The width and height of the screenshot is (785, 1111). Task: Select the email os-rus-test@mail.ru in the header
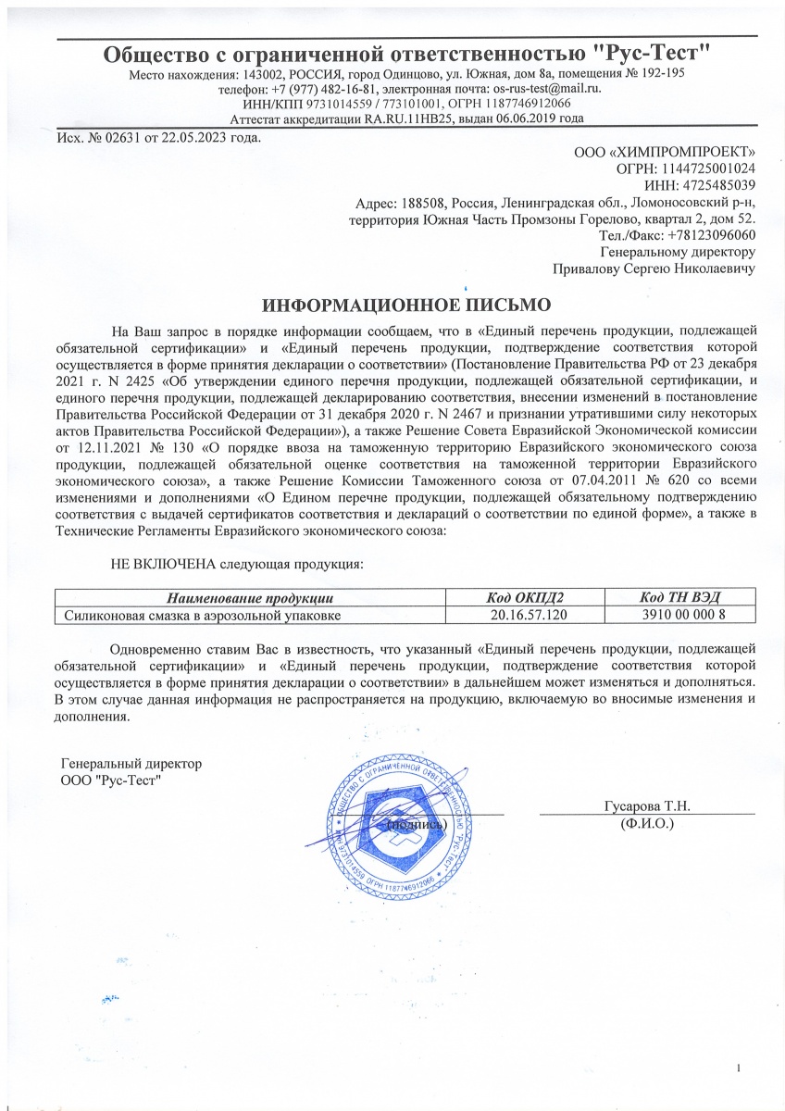click(547, 88)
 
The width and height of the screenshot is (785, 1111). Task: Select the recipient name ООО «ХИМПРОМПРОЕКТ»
click(665, 152)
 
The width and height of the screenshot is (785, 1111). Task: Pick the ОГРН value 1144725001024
click(707, 169)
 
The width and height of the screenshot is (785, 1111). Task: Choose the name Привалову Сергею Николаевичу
click(654, 268)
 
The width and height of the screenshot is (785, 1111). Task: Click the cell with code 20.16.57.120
click(525, 614)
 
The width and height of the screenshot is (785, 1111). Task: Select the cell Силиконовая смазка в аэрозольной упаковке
click(201, 614)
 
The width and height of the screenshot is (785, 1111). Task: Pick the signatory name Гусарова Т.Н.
click(646, 805)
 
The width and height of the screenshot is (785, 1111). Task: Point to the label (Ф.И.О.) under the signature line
click(646, 822)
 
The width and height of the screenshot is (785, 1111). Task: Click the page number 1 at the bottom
click(739, 1070)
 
